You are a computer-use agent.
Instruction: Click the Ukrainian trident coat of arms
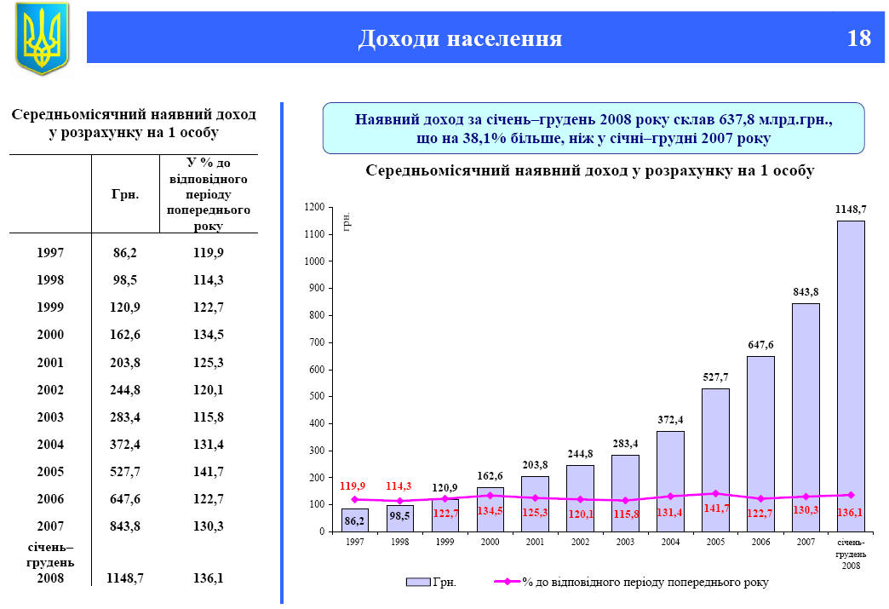pyautogui.click(x=41, y=37)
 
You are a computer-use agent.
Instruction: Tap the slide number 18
pyautogui.click(x=858, y=38)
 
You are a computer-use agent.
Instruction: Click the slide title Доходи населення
pyautogui.click(x=460, y=38)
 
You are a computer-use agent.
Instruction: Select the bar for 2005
pyautogui.click(x=715, y=460)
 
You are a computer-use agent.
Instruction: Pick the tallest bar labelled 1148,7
pyautogui.click(x=851, y=375)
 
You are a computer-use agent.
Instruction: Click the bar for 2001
pyautogui.click(x=535, y=504)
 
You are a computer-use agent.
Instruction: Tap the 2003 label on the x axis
pyautogui.click(x=625, y=542)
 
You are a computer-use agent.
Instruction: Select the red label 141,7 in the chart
pyautogui.click(x=716, y=508)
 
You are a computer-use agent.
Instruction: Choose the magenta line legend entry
pyautogui.click(x=630, y=583)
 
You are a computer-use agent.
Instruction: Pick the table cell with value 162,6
pyautogui.click(x=125, y=335)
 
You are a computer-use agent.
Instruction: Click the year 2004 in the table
pyautogui.click(x=50, y=445)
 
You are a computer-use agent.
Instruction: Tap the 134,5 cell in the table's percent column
pyautogui.click(x=208, y=335)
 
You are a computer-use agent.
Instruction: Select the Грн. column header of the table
pyautogui.click(x=125, y=194)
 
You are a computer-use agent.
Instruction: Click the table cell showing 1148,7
pyautogui.click(x=125, y=578)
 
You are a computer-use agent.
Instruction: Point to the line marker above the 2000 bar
pyautogui.click(x=490, y=495)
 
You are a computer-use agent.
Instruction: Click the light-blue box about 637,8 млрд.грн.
pyautogui.click(x=593, y=128)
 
